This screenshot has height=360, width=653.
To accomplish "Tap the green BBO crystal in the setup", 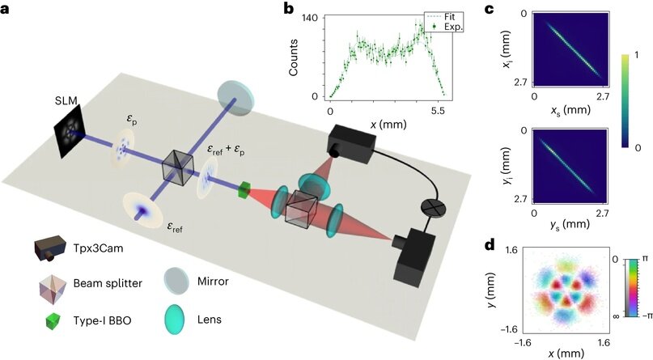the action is tap(244, 190).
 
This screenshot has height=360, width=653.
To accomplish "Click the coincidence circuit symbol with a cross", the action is tap(432, 206).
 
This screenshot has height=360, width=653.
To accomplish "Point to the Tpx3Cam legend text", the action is tap(98, 249).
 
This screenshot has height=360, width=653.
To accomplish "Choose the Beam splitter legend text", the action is tap(108, 283).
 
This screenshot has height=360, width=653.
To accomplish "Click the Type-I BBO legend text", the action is tap(102, 320).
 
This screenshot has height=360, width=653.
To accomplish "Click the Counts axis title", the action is tap(293, 57).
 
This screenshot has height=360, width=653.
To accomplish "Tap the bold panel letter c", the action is tap(490, 7).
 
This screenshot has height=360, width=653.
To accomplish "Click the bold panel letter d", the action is tap(490, 244).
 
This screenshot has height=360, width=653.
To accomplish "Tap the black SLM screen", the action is tap(70, 131).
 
